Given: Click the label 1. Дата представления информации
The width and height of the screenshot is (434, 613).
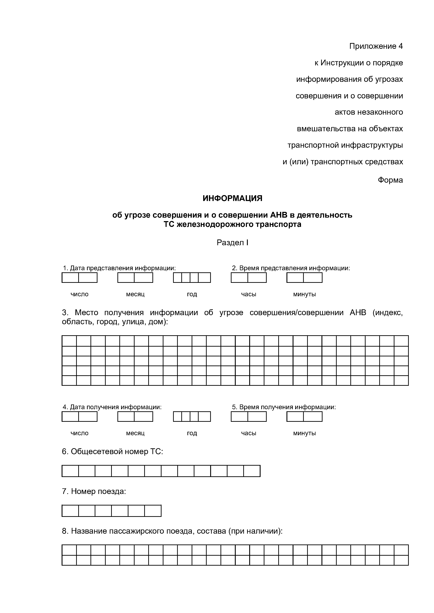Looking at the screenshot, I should (119, 268).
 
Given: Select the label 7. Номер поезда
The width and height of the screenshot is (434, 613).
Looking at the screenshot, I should (94, 491).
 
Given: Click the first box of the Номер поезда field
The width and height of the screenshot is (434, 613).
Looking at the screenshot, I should (70, 511).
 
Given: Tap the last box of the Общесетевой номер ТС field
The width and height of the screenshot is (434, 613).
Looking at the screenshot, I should (252, 471).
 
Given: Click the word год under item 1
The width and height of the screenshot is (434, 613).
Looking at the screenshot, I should (192, 294).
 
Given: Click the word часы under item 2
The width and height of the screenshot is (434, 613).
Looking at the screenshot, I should (248, 294).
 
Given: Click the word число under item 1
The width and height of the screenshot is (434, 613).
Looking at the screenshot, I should (79, 294).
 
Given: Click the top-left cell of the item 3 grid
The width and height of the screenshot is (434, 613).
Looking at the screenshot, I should (69, 341).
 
